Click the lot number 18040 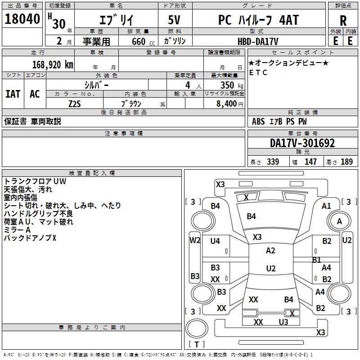coord(22,20)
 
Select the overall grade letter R coord(343,20)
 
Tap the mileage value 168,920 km coord(53,65)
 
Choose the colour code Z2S coord(75,103)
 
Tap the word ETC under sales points coord(258,72)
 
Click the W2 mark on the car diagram coord(195,240)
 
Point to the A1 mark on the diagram coord(326,206)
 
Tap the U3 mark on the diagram coord(283,322)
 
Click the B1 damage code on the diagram coord(316,260)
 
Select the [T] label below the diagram coord(197,344)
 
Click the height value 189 coord(346,162)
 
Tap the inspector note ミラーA coord(17,229)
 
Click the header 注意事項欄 coord(123,134)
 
